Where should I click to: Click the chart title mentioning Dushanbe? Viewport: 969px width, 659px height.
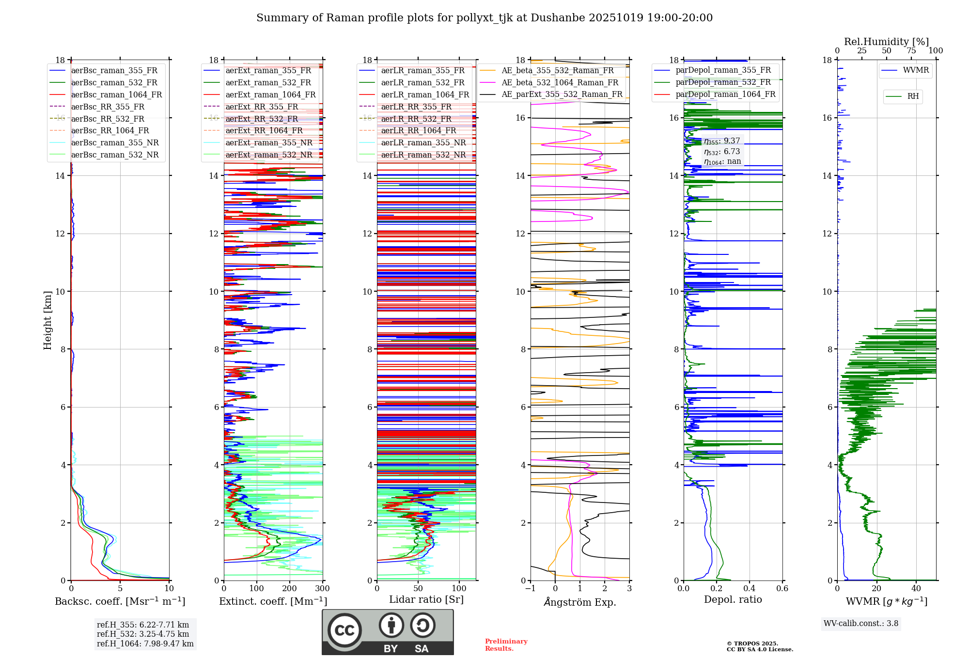coord(484,18)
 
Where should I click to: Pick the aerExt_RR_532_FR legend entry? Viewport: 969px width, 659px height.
coord(262,119)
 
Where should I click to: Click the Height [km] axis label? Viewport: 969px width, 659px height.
coord(47,320)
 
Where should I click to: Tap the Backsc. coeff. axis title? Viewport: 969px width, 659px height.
coord(120,601)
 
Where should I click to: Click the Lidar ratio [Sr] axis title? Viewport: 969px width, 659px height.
coord(426,599)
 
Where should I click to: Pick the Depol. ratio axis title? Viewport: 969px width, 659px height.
coord(733,599)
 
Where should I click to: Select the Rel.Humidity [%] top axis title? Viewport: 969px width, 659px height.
coord(886,42)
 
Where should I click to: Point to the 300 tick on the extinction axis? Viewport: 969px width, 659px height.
coord(322,589)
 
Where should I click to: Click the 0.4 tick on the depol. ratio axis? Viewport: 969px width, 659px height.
coord(750,589)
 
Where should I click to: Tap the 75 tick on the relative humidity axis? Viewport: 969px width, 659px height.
coord(911,51)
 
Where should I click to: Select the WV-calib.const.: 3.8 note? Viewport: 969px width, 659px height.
coord(860,624)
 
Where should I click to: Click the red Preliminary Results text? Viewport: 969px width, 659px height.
coord(506,645)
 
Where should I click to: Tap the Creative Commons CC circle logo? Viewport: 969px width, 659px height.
coord(344,630)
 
